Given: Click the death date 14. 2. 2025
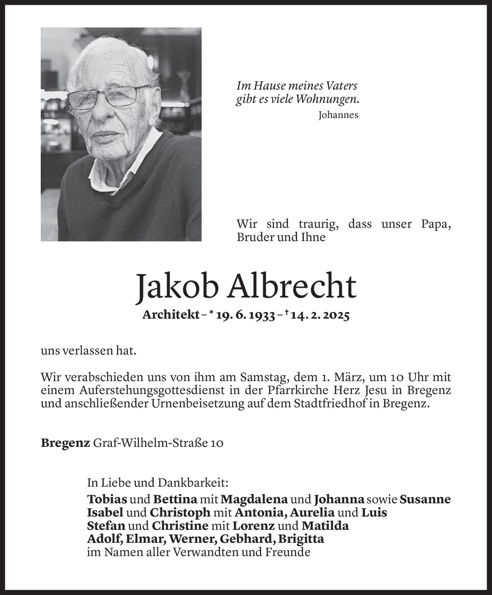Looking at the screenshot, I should [x=320, y=316].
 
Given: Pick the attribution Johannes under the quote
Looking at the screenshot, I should [x=338, y=115].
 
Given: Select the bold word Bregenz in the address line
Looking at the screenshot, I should [x=65, y=443].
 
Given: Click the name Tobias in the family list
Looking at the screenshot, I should [x=107, y=499].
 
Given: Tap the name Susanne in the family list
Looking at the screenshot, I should [x=425, y=499].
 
